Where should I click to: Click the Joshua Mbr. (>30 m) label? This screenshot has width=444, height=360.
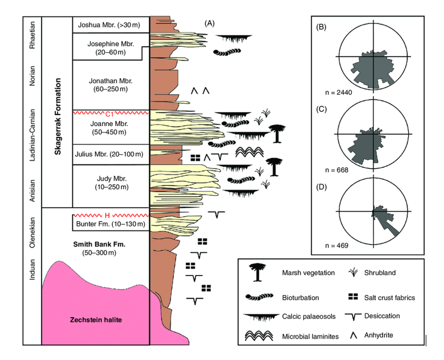(111, 25)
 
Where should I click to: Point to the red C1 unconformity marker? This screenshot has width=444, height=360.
(111, 113)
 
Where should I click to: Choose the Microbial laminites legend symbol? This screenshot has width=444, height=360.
(259, 336)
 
